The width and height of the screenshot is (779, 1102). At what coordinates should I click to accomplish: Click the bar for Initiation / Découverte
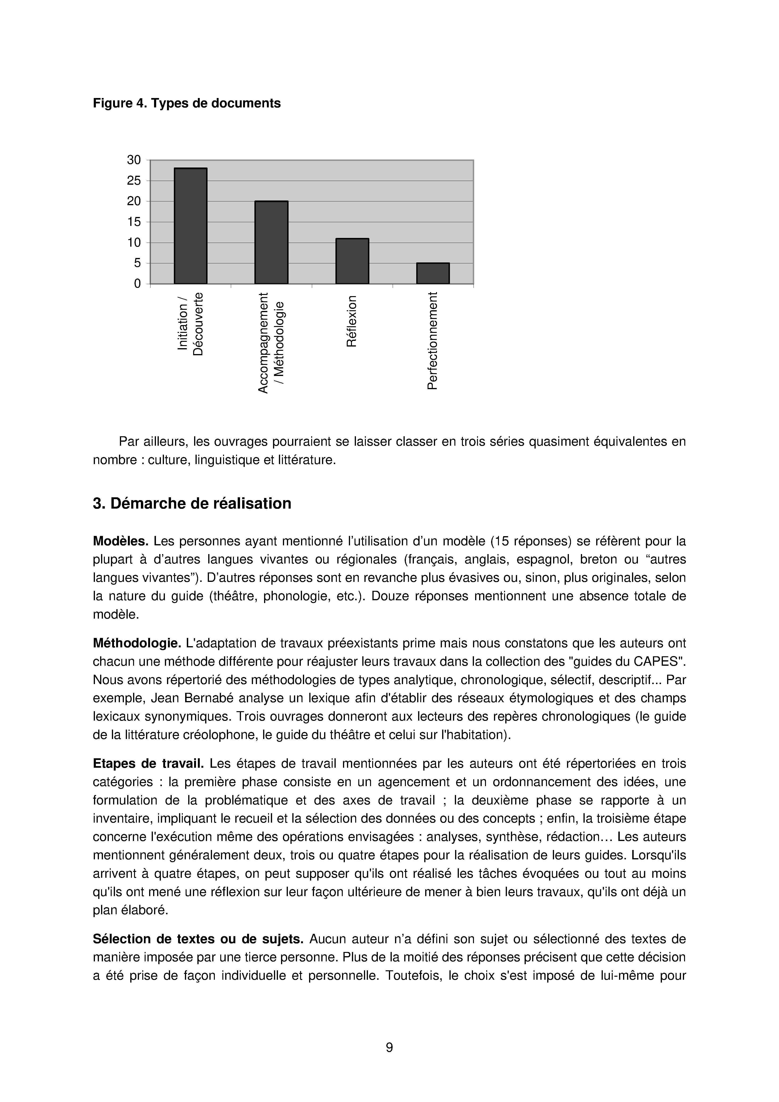pyautogui.click(x=191, y=226)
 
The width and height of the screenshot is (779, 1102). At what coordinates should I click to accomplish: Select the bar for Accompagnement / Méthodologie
pyautogui.click(x=271, y=242)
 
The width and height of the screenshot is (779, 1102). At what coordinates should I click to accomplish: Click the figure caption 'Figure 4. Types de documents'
pyautogui.click(x=187, y=103)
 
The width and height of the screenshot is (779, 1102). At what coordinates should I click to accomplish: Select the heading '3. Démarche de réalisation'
pyautogui.click(x=192, y=503)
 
